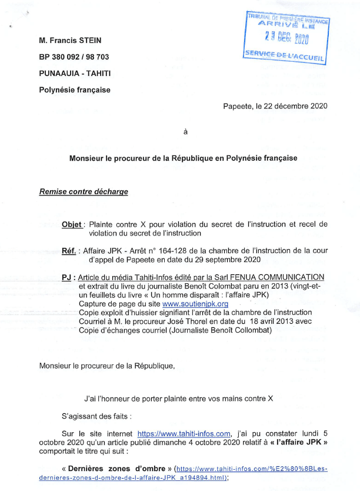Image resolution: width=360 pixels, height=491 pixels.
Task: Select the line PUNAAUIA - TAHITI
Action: coord(75,73)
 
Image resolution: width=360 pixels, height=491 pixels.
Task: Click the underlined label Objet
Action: coord(72,224)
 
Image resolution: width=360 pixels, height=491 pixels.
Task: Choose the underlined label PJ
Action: coord(68,277)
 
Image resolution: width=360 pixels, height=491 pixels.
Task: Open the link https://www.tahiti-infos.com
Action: coord(184,434)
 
